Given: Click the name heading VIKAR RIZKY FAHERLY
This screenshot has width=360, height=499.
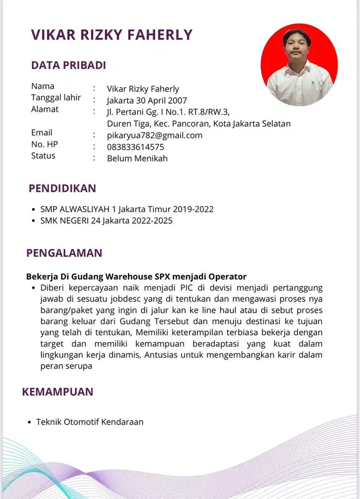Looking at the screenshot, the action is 111,34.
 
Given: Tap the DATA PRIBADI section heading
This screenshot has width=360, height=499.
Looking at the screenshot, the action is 68,65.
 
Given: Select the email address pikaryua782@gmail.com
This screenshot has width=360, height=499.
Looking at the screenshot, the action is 155,135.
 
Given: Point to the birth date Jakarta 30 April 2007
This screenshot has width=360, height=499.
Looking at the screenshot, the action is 147,100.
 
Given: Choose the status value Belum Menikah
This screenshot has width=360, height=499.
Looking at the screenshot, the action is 137,159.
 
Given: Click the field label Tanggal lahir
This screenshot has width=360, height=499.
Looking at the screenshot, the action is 56,97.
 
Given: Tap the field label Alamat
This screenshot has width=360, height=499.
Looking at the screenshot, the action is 45,109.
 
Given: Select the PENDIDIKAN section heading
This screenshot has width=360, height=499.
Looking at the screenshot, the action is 62,189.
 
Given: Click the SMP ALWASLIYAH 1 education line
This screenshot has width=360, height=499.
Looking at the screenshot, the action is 127,209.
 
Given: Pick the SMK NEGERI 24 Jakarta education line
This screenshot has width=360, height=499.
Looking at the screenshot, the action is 106,220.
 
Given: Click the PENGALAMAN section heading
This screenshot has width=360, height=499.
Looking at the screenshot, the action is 64,253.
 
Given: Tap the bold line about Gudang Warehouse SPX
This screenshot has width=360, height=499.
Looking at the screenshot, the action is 136,276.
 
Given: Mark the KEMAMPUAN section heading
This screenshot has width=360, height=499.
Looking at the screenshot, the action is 57,392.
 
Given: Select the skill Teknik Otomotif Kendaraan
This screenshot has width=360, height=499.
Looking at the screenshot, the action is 90,422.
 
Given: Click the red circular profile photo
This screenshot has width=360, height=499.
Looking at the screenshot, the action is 299,65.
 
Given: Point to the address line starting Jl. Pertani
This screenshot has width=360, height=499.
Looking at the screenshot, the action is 168,112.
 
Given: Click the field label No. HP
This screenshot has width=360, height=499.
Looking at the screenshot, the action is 44,144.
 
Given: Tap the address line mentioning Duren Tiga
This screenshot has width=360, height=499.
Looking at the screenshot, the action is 198,123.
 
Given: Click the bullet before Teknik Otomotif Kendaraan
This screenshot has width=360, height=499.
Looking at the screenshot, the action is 29,423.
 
